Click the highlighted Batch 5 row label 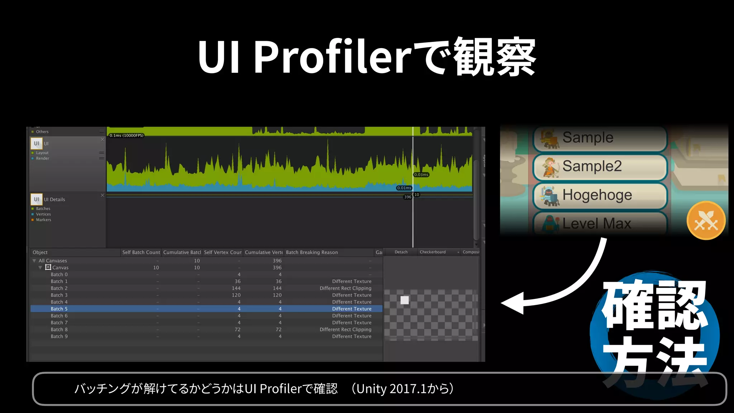[59, 309]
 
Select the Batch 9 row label [59, 336]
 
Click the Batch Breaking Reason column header [312, 252]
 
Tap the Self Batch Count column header [141, 252]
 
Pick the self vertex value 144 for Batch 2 [236, 288]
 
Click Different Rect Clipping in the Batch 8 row [345, 329]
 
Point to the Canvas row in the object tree [60, 267]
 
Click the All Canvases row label [53, 261]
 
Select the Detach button [401, 252]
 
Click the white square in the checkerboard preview [405, 300]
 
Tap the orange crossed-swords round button [706, 220]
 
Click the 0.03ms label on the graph [421, 175]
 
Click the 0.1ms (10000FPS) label [126, 136]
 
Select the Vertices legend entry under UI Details [43, 214]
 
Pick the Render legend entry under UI [42, 158]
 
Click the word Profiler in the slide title [333, 57]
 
